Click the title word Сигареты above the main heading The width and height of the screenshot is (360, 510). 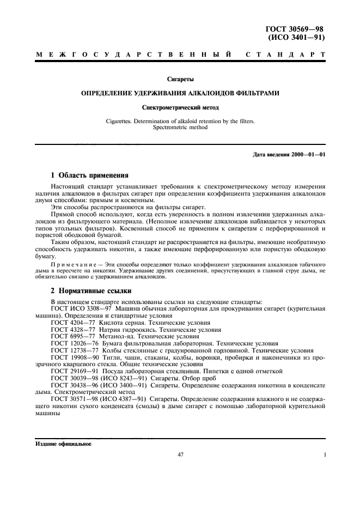coord(180,80)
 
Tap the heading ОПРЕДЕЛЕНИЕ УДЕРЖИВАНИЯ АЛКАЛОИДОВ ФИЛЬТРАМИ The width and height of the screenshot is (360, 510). coord(180,94)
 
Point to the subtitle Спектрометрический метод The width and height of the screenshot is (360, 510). coord(180,108)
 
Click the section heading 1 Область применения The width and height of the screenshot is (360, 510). coord(89,176)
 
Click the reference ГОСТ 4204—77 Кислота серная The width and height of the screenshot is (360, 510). coord(103,323)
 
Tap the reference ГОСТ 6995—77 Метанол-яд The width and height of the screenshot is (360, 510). coord(101,337)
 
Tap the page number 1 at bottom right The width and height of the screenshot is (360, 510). coord(325,454)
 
